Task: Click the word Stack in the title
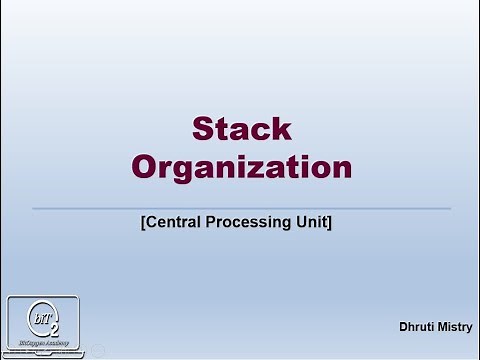pyautogui.click(x=241, y=129)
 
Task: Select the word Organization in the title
pyautogui.click(x=242, y=166)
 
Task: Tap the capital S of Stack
pyautogui.click(x=203, y=129)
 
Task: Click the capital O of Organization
pyautogui.click(x=146, y=166)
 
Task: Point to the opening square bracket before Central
pyautogui.click(x=143, y=222)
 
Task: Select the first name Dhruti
pyautogui.click(x=415, y=326)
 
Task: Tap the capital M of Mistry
pyautogui.click(x=441, y=326)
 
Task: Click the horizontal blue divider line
pyautogui.click(x=241, y=208)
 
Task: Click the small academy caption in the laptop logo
pyautogui.click(x=44, y=342)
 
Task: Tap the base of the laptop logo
pyautogui.click(x=44, y=353)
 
